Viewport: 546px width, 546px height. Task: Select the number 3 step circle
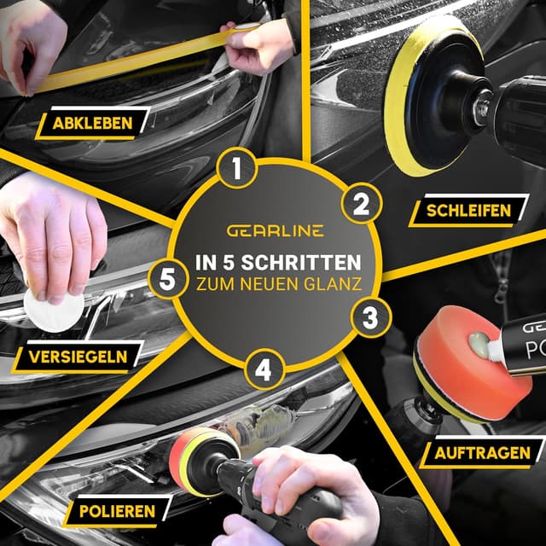click(369, 318)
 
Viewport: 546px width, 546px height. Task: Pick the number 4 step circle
click(264, 371)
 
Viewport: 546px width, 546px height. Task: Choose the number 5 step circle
click(167, 278)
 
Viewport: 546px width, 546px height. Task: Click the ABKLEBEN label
click(92, 123)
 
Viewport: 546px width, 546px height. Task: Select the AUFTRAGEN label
click(483, 451)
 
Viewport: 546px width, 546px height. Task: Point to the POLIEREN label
click(119, 511)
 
